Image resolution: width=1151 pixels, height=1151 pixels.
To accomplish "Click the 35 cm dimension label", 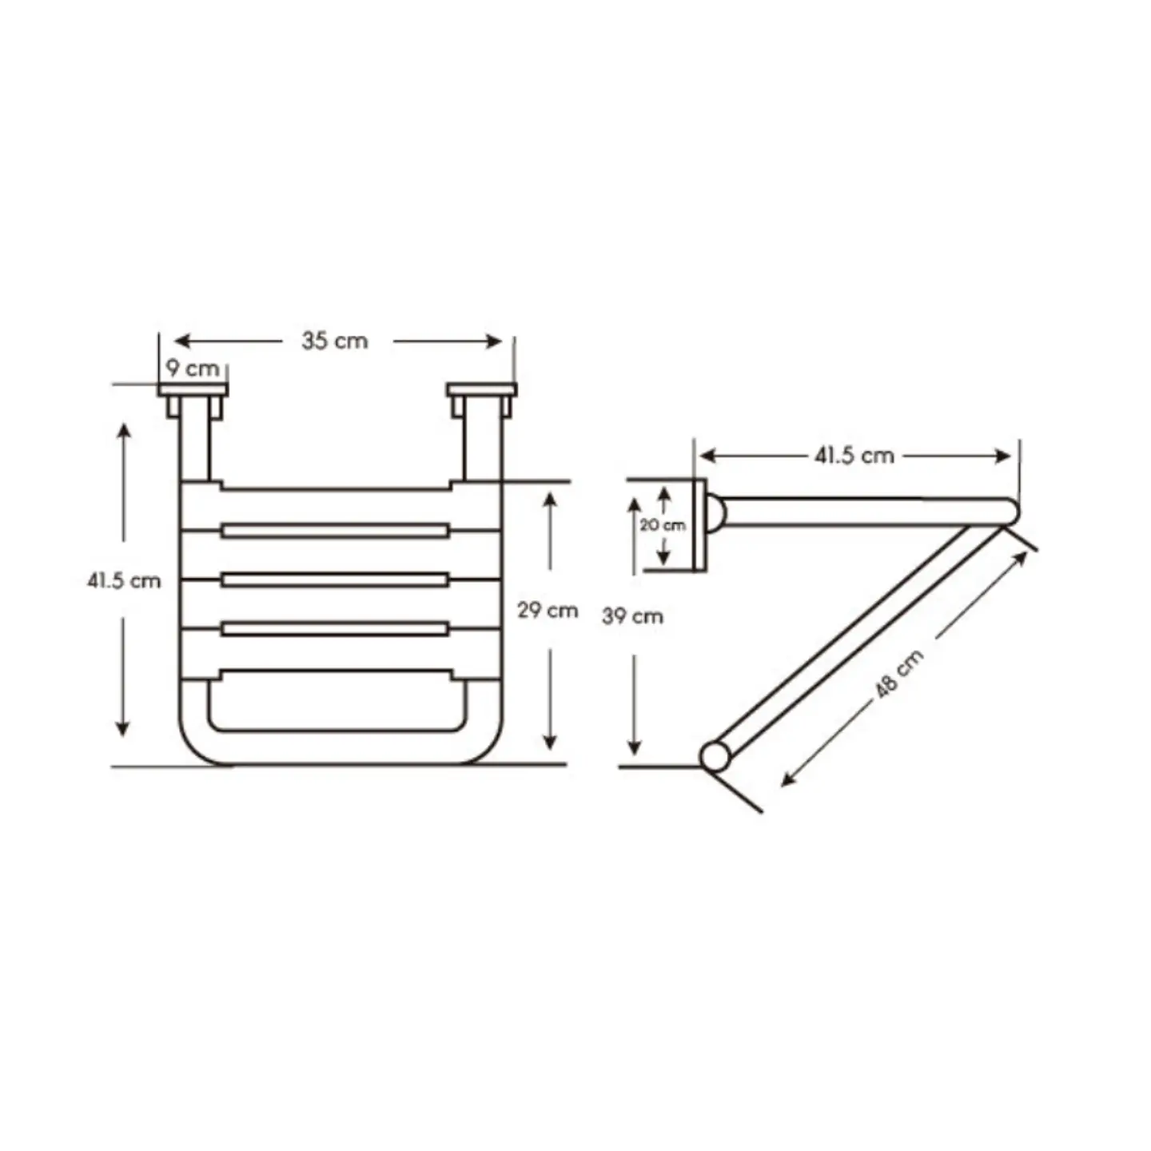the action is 334,341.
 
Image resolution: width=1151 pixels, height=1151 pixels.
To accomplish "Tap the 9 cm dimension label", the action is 193,368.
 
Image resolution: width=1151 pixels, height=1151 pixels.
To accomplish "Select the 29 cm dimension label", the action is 548,610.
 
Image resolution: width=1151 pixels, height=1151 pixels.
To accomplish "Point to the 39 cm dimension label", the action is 632,615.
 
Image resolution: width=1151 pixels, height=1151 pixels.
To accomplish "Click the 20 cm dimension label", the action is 663,526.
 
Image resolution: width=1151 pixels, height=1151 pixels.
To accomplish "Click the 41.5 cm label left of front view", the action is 124,580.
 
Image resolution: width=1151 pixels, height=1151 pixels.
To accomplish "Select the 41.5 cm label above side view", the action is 854,456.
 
